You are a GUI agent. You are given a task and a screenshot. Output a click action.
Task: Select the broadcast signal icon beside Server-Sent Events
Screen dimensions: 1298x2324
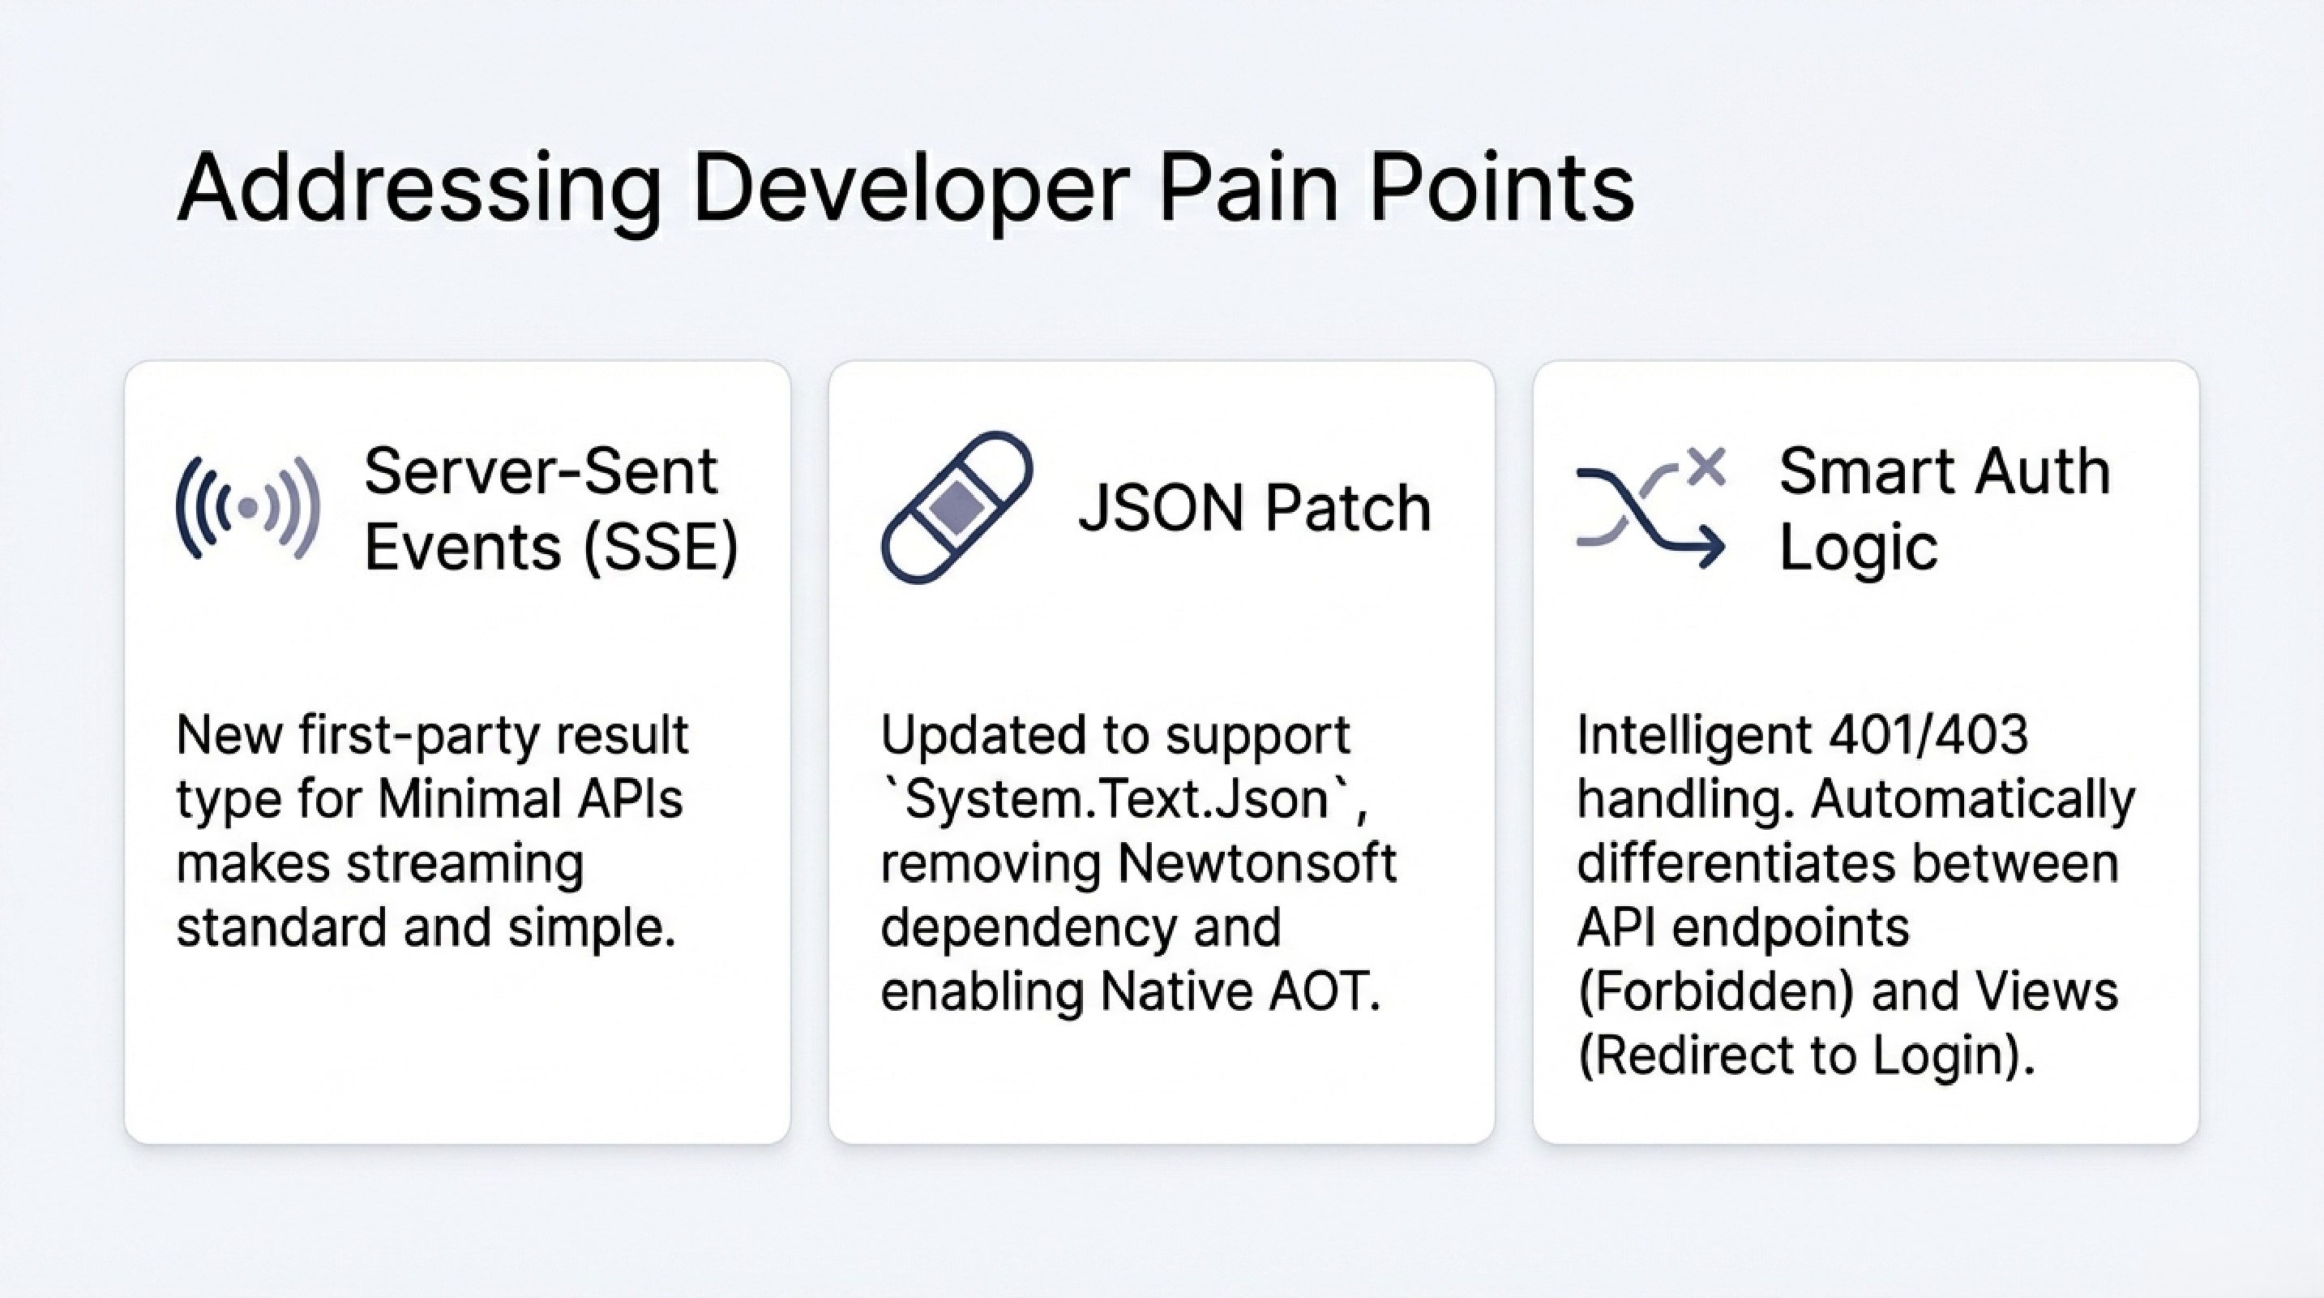[x=248, y=508]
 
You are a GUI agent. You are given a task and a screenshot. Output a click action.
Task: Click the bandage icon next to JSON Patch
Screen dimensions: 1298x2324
[x=957, y=507]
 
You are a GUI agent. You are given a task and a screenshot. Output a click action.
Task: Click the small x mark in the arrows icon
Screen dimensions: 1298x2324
[x=1706, y=466]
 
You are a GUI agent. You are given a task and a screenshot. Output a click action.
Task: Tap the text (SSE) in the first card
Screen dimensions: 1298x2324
[x=661, y=548]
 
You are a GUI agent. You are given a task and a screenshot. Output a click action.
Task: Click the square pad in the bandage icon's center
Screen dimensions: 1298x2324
[x=956, y=506]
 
